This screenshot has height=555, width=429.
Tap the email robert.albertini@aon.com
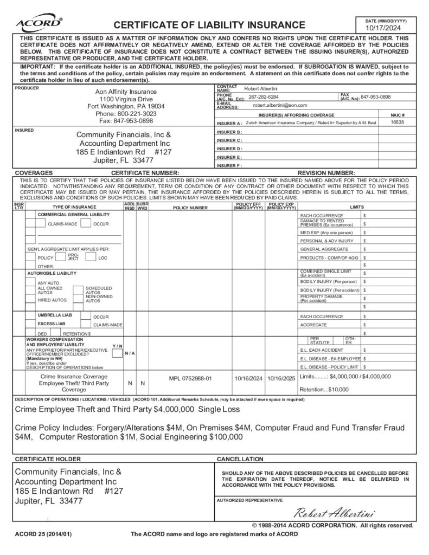point(280,105)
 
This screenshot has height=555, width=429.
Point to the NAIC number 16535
point(398,123)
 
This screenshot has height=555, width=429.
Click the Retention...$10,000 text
point(324,389)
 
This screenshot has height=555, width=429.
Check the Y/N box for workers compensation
point(117,353)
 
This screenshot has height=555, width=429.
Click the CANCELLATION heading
point(240,459)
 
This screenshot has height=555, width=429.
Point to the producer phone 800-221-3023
point(126,114)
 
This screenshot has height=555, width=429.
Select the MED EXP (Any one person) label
point(326,232)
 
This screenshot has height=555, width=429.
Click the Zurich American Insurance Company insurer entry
point(311,123)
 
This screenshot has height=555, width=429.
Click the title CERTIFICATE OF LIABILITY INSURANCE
point(209,24)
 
